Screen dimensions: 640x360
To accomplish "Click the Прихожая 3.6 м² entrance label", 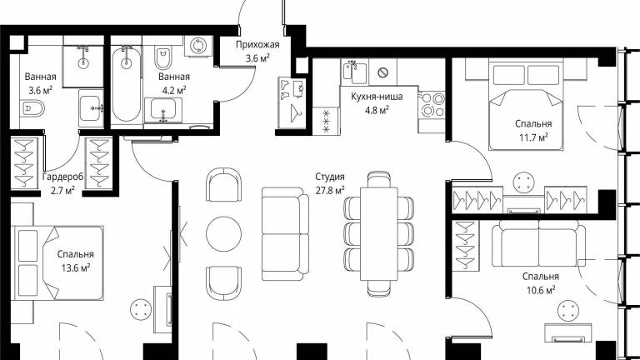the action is pyautogui.click(x=257, y=52).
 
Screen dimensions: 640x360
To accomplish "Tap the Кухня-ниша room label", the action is pyautogui.click(x=377, y=97).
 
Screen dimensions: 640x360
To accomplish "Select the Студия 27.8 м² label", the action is pyautogui.click(x=330, y=183).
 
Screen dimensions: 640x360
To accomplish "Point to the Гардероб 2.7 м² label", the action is pyautogui.click(x=62, y=183).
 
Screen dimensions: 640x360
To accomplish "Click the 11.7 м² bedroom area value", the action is pyautogui.click(x=533, y=137).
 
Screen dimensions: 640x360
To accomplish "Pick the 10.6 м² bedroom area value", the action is pyautogui.click(x=540, y=290).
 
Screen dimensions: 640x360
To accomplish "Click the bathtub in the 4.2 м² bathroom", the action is pyautogui.click(x=127, y=84).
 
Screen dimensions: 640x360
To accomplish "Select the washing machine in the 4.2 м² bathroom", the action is pyautogui.click(x=198, y=46).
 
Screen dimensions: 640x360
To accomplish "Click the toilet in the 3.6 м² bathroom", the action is pyautogui.click(x=32, y=109).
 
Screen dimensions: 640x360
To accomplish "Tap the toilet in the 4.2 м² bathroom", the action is pyautogui.click(x=162, y=58).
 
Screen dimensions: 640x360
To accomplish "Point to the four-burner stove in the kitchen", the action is pyautogui.click(x=432, y=104).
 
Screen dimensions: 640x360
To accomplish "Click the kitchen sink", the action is pyautogui.click(x=354, y=72).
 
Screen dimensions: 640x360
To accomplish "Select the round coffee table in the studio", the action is pyautogui.click(x=223, y=234).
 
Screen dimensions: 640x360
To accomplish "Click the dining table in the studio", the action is pyautogui.click(x=379, y=234).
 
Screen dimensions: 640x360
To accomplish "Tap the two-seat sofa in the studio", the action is pyautogui.click(x=285, y=231).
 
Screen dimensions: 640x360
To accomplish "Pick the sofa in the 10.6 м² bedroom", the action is pyautogui.click(x=539, y=243).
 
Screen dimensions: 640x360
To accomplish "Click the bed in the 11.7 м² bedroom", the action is pyautogui.click(x=526, y=105).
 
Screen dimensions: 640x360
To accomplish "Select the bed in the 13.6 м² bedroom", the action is pyautogui.click(x=57, y=263).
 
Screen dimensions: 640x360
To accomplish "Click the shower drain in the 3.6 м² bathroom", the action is pyautogui.click(x=83, y=62).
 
